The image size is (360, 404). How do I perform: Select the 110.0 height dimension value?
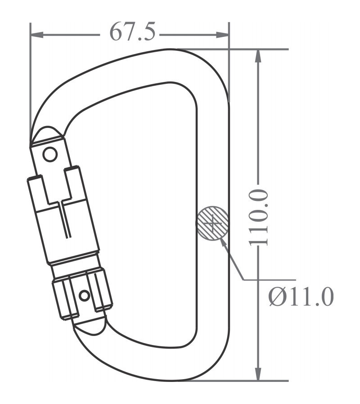pyautogui.click(x=259, y=217)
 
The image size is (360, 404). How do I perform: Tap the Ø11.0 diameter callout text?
pyautogui.click(x=301, y=297)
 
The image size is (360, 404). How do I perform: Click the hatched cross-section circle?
pyautogui.click(x=212, y=222)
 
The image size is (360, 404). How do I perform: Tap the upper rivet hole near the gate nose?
pyautogui.click(x=49, y=155)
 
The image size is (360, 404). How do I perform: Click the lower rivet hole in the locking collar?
pyautogui.click(x=84, y=295)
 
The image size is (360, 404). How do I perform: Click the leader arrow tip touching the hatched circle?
pyautogui.click(x=223, y=239)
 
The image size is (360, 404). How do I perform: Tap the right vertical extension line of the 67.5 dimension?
pyautogui.click(x=229, y=68)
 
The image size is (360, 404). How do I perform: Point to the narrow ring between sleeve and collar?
pyautogui.click(x=75, y=262)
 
